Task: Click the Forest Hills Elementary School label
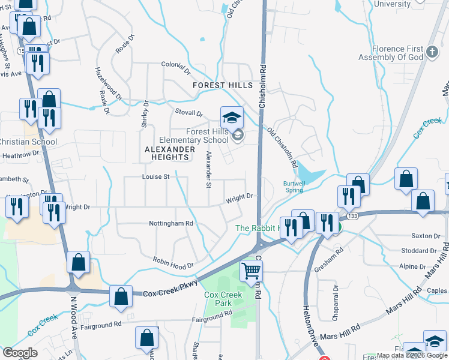point(199,136)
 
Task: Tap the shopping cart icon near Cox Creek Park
point(251,271)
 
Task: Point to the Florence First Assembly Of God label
point(391,53)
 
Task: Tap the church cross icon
point(432,52)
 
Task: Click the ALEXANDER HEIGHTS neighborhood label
point(170,153)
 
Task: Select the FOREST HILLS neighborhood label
point(223,86)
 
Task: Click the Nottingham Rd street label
point(172,223)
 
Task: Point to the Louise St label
point(156,177)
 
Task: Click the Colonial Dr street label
point(175,67)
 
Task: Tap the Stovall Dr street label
point(188,112)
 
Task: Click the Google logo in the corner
point(20,353)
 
